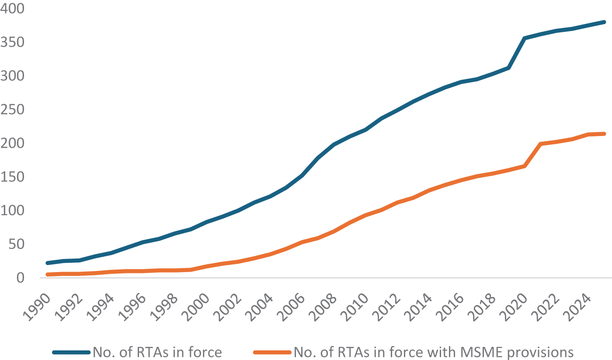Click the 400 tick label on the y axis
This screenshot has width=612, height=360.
[x=12, y=8]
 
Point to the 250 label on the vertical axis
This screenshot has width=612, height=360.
[x=12, y=110]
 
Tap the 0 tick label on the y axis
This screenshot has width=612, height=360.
[x=21, y=278]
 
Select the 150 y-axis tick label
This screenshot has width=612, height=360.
[x=12, y=177]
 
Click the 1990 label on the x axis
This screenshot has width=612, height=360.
[x=37, y=308]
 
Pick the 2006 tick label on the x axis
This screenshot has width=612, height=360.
[x=291, y=308]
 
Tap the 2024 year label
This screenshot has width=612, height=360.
[x=577, y=308]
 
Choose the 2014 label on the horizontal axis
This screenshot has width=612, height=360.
[x=418, y=308]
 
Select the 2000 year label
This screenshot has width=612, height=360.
[x=196, y=308]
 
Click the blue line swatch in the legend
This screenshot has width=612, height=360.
[x=71, y=353]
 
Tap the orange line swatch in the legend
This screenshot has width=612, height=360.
[x=272, y=353]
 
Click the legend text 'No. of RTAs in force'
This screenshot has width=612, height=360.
[x=157, y=353]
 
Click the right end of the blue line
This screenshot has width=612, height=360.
[x=604, y=22]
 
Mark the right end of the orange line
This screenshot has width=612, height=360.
[x=604, y=134]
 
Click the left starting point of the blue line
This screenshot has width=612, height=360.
[x=48, y=263]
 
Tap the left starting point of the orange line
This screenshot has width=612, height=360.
[x=48, y=274]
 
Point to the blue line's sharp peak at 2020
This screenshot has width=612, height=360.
[x=525, y=38]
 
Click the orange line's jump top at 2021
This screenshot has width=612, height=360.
[x=540, y=143]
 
